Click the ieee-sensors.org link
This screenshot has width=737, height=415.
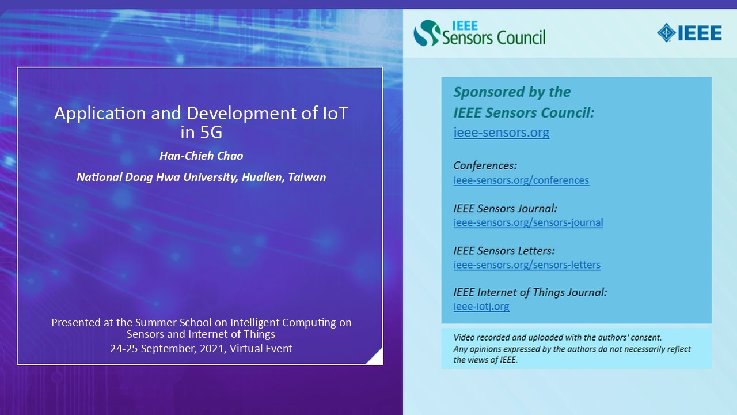501,133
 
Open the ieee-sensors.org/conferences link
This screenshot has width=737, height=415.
521,180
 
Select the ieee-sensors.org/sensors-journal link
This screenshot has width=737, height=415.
528,223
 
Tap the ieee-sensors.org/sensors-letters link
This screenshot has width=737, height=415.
527,265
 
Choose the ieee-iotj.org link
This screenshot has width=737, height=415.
481,307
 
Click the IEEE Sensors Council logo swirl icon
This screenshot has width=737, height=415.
427,33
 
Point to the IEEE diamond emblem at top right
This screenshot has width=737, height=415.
666,33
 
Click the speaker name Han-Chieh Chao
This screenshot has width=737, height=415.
201,156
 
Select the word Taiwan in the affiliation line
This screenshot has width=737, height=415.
307,178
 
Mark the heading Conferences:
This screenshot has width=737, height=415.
485,166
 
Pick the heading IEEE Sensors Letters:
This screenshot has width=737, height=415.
504,251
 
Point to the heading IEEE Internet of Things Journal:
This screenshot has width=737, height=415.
530,293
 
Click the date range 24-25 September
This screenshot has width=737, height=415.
151,349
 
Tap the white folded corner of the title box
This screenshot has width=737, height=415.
376,358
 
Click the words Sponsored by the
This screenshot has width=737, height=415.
512,92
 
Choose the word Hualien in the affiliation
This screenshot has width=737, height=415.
261,178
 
